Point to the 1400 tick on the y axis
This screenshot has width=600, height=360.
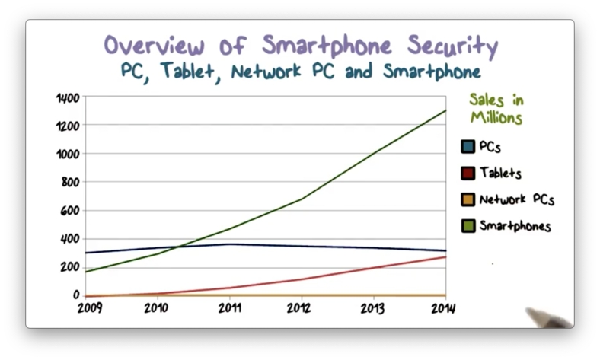(x=68, y=98)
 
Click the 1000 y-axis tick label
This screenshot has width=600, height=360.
(x=68, y=154)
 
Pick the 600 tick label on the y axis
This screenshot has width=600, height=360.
(x=70, y=211)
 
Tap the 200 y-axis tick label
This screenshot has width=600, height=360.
(x=70, y=267)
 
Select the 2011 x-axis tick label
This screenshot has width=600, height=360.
(x=228, y=307)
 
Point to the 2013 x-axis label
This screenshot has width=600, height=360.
(x=372, y=307)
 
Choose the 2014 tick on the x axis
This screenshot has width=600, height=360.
(x=443, y=307)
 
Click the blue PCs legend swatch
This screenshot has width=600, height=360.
(x=468, y=146)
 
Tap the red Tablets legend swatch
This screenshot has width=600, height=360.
(x=468, y=173)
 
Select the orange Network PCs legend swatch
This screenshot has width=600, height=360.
(x=468, y=200)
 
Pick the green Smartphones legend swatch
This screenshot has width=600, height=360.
(x=468, y=226)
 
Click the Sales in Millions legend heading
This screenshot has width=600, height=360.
(x=495, y=109)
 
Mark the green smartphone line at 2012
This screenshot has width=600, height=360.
(x=301, y=199)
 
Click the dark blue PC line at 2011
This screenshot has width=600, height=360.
(x=228, y=244)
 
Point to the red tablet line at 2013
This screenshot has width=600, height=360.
(x=372, y=267)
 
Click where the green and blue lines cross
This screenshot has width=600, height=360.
(x=180, y=247)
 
